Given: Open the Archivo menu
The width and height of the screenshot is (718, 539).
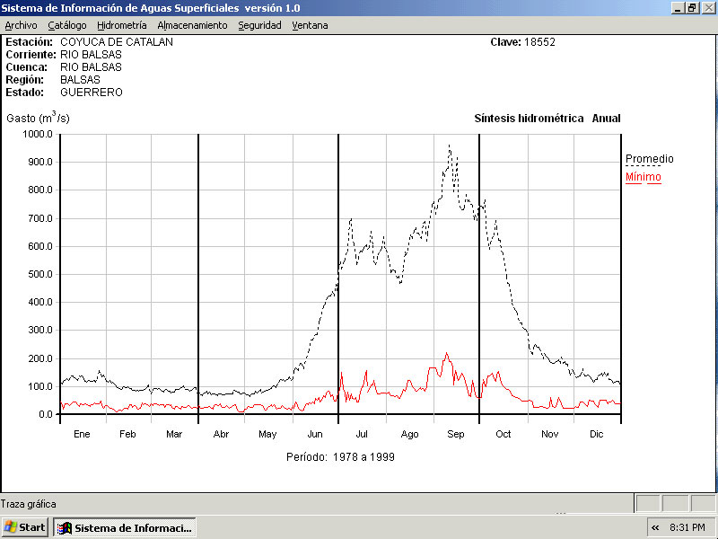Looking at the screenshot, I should [21, 25].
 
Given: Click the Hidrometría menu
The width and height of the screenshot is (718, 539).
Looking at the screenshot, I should [121, 25].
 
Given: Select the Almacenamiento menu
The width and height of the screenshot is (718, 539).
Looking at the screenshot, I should [192, 25].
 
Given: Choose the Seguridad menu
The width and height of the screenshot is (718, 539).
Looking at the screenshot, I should [259, 25].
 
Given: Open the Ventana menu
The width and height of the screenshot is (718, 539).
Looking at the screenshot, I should [310, 25].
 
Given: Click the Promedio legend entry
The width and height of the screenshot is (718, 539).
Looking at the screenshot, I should [649, 159].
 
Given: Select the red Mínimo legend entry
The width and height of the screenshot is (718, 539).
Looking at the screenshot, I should [643, 177].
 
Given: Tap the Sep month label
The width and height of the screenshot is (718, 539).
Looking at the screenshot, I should [456, 435].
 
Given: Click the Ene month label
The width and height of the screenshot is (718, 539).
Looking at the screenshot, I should [82, 435].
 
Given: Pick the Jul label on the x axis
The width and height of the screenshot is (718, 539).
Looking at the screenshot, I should [362, 435].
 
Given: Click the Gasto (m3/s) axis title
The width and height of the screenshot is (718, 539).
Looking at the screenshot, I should [38, 118].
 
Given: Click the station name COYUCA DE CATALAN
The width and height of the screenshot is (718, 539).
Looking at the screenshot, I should [117, 42].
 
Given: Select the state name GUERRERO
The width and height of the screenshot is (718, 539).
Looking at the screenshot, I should [92, 93].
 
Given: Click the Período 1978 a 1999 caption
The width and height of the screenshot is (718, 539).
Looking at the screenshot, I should [340, 457].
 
